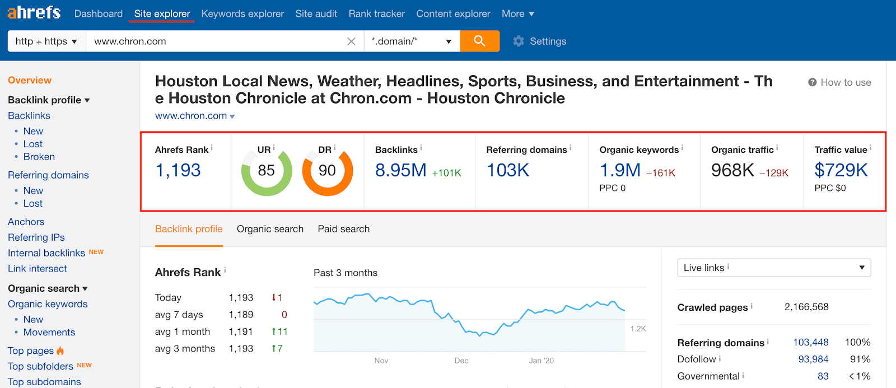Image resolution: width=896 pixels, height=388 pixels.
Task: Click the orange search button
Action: pyautogui.click(x=479, y=41)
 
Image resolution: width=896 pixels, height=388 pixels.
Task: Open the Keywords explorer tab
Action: pyautogui.click(x=242, y=13)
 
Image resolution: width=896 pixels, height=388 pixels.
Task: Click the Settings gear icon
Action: pyautogui.click(x=519, y=41)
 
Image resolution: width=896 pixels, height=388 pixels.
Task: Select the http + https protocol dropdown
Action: pyautogui.click(x=46, y=41)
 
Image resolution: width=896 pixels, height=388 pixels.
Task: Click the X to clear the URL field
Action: pyautogui.click(x=351, y=41)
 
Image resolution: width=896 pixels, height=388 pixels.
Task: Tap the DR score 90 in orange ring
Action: pyautogui.click(x=327, y=170)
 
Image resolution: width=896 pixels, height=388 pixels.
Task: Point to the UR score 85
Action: pyautogui.click(x=266, y=170)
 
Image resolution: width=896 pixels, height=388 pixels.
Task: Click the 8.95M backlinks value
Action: pyautogui.click(x=400, y=170)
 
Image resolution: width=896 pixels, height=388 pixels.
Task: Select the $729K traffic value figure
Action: pyautogui.click(x=841, y=170)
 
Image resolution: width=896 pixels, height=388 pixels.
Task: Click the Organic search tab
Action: pyautogui.click(x=270, y=229)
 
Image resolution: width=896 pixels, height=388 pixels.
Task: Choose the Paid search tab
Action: pyautogui.click(x=343, y=229)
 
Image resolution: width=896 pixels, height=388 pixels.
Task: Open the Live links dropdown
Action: pyautogui.click(x=773, y=268)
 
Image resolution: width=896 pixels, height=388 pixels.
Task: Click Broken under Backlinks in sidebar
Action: pyautogui.click(x=39, y=157)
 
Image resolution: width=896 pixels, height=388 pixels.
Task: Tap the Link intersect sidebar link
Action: pyautogui.click(x=38, y=269)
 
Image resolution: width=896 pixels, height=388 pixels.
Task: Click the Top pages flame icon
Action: pyautogui.click(x=60, y=351)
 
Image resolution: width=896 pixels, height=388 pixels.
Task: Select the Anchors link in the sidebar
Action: pyautogui.click(x=26, y=222)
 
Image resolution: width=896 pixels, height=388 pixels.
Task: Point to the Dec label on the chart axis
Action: pyautogui.click(x=461, y=361)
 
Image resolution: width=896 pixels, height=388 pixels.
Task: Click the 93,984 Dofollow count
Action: pyautogui.click(x=813, y=359)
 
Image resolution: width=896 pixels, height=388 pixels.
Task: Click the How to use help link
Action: pyautogui.click(x=839, y=82)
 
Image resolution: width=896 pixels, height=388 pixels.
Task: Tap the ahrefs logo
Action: pyautogui.click(x=34, y=12)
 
